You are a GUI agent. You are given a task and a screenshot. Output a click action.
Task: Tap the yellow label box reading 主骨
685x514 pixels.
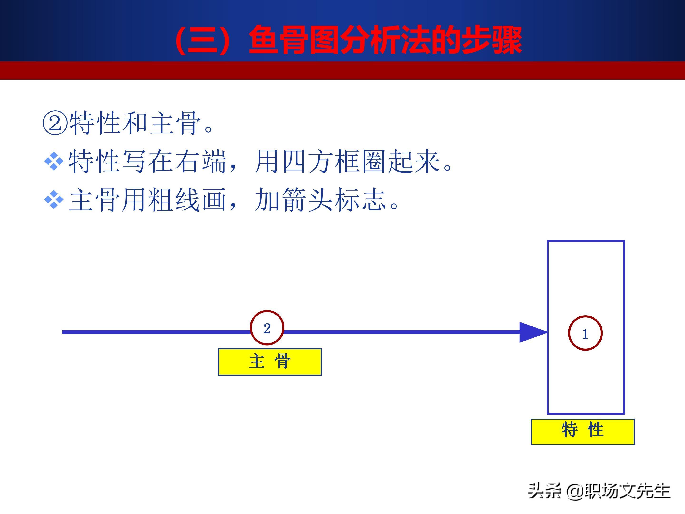click(x=270, y=362)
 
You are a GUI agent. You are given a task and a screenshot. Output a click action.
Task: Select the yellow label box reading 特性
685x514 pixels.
click(x=582, y=432)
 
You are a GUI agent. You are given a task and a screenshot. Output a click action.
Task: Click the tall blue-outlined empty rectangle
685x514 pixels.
click(x=548, y=327)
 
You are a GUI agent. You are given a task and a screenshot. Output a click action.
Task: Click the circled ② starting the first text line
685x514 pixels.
click(x=55, y=123)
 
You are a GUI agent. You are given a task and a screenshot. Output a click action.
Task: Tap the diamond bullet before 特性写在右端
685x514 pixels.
click(x=54, y=161)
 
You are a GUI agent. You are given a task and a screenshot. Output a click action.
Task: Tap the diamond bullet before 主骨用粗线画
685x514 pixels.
click(x=54, y=199)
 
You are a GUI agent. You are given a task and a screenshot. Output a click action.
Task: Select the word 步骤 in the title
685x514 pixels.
click(x=491, y=40)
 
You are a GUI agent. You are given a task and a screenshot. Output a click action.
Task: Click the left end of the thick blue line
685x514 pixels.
click(x=63, y=332)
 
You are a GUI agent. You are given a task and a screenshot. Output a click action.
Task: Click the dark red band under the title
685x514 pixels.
click(x=342, y=70)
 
